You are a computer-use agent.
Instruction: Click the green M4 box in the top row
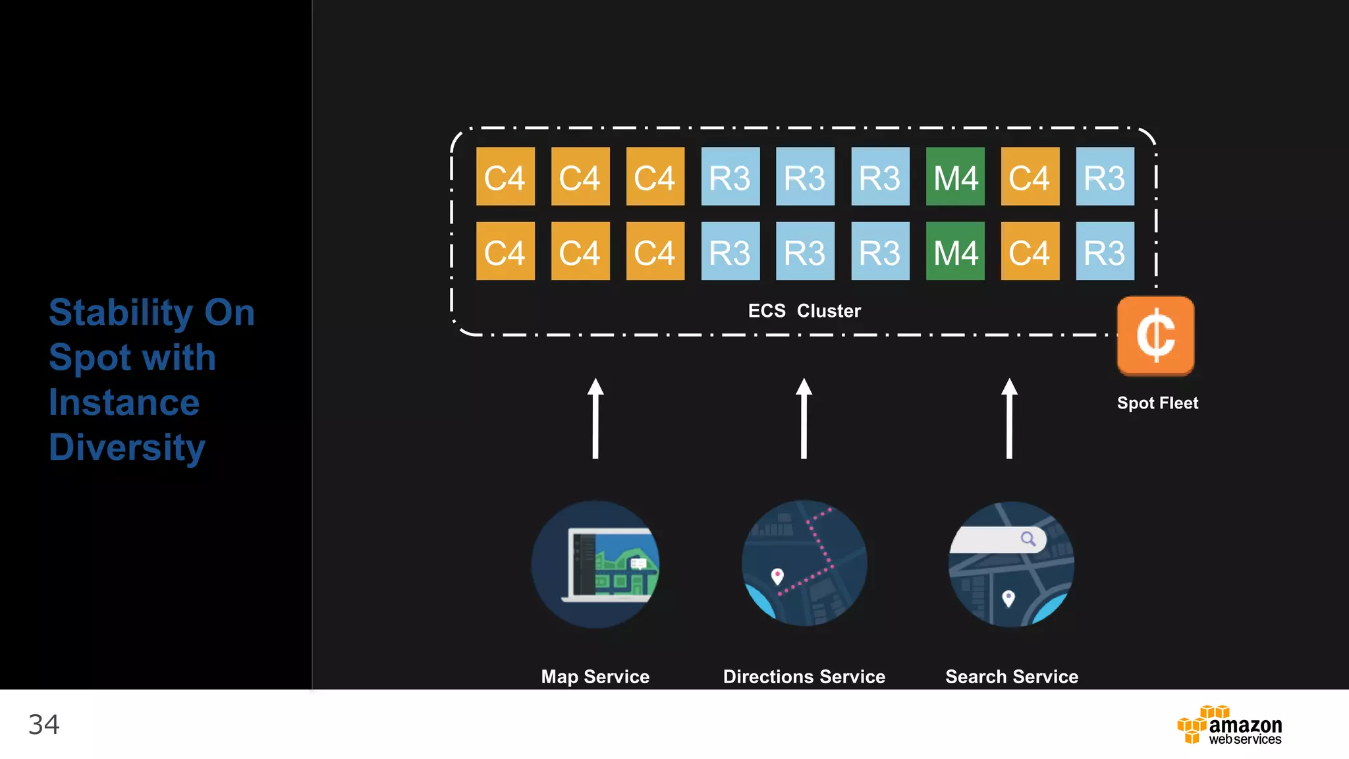coord(955,177)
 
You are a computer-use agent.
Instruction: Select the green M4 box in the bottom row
coord(955,251)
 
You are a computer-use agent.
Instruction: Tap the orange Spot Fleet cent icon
coord(1155,336)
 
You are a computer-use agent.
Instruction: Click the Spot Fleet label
coord(1157,403)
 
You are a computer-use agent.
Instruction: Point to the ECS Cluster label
coord(804,310)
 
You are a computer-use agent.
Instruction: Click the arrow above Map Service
coord(595,418)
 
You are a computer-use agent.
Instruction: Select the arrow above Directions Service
coord(804,418)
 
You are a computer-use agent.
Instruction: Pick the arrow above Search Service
coord(1009,418)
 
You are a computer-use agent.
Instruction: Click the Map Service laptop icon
coord(610,565)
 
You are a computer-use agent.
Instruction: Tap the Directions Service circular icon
coord(804,563)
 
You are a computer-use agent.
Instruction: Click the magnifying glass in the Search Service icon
coord(1028,539)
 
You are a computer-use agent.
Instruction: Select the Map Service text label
coord(595,677)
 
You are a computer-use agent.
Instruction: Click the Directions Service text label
coord(804,677)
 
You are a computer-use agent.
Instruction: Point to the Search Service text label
coord(1012,677)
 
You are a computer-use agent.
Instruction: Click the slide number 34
coord(43,725)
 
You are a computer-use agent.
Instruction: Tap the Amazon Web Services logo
coord(1229,725)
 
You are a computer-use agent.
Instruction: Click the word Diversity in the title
coord(127,447)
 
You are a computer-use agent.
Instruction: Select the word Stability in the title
coord(121,312)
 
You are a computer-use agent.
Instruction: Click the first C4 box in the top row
coord(505,177)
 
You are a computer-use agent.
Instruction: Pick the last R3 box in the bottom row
coord(1105,251)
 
